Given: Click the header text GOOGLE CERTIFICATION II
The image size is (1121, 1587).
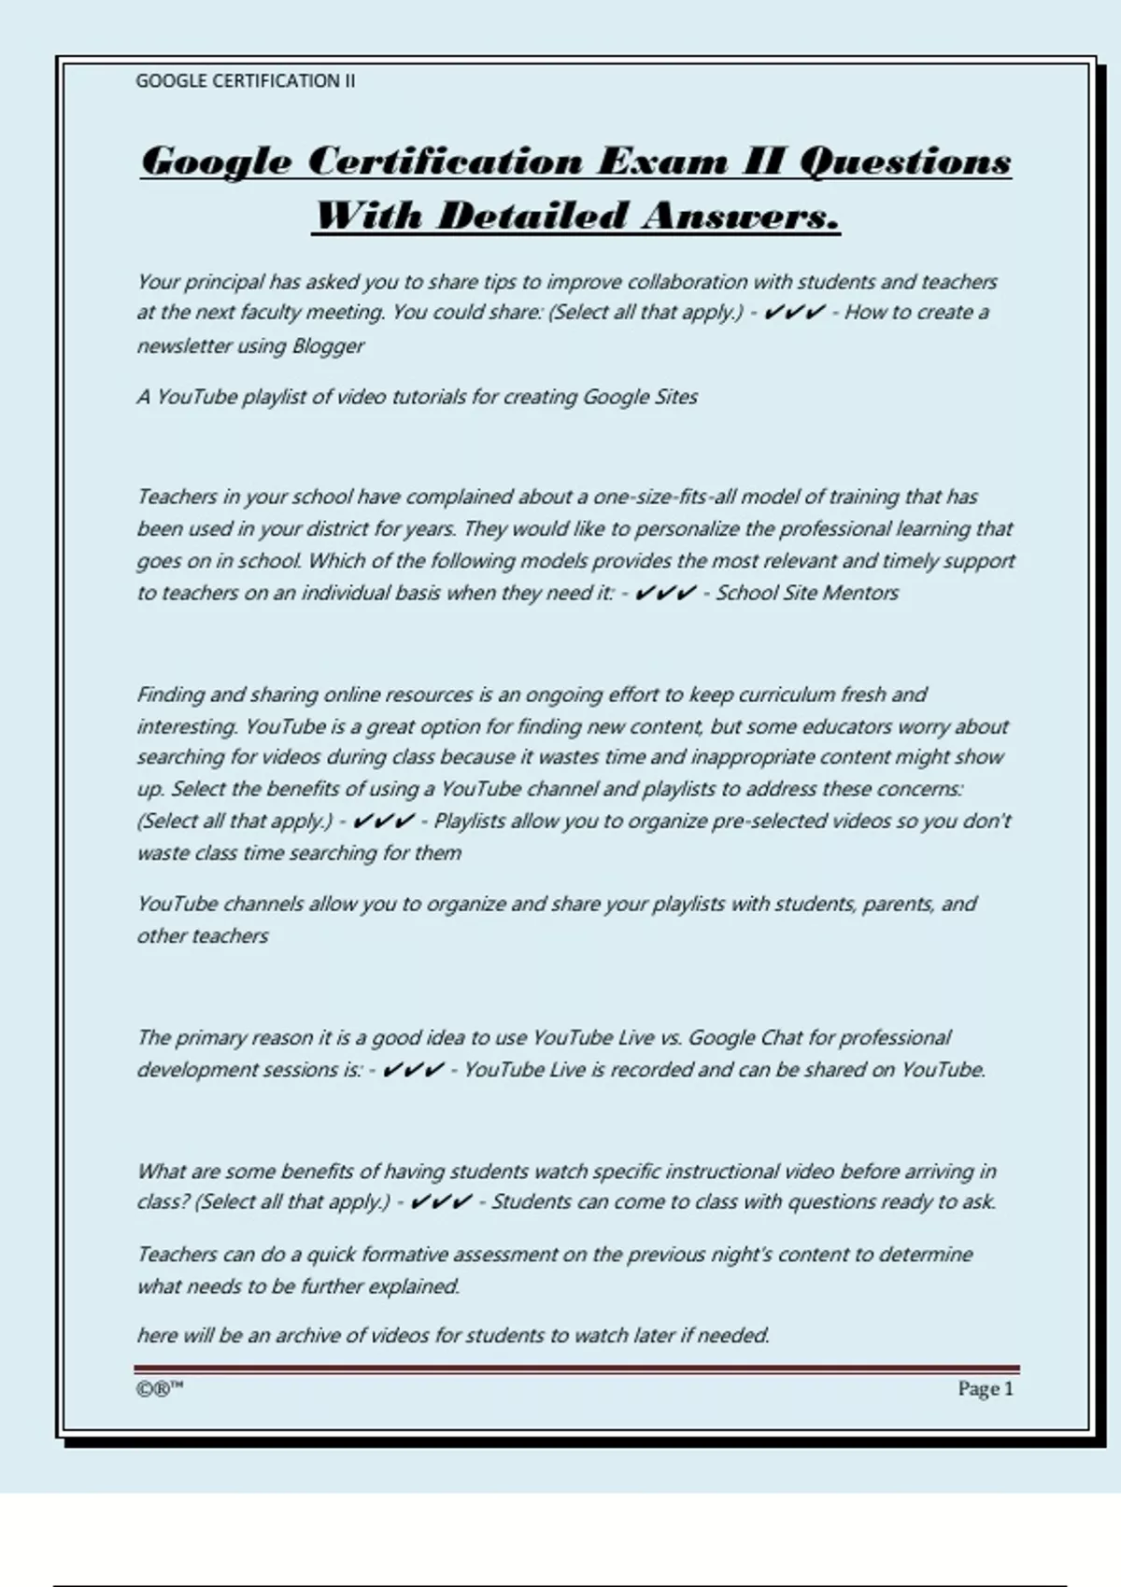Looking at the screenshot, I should pos(245,81).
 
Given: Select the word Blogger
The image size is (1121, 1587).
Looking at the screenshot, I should pos(328,345).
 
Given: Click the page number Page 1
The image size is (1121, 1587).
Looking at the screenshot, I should pos(986,1388).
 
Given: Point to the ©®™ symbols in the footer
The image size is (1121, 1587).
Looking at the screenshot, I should pos(159,1388).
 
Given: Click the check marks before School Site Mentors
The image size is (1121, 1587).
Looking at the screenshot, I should pos(665,593).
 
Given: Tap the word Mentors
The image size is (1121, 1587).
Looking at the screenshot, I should pos(861,593).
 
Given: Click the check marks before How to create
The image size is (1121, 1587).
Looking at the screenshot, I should pos(794,313).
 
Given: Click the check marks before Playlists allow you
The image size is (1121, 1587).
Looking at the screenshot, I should pos(384,822).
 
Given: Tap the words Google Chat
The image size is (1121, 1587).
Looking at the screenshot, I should pos(732,1038).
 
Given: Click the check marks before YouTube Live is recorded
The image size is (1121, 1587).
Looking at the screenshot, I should pos(413,1070).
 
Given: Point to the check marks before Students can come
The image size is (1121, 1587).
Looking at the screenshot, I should pos(441,1202).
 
